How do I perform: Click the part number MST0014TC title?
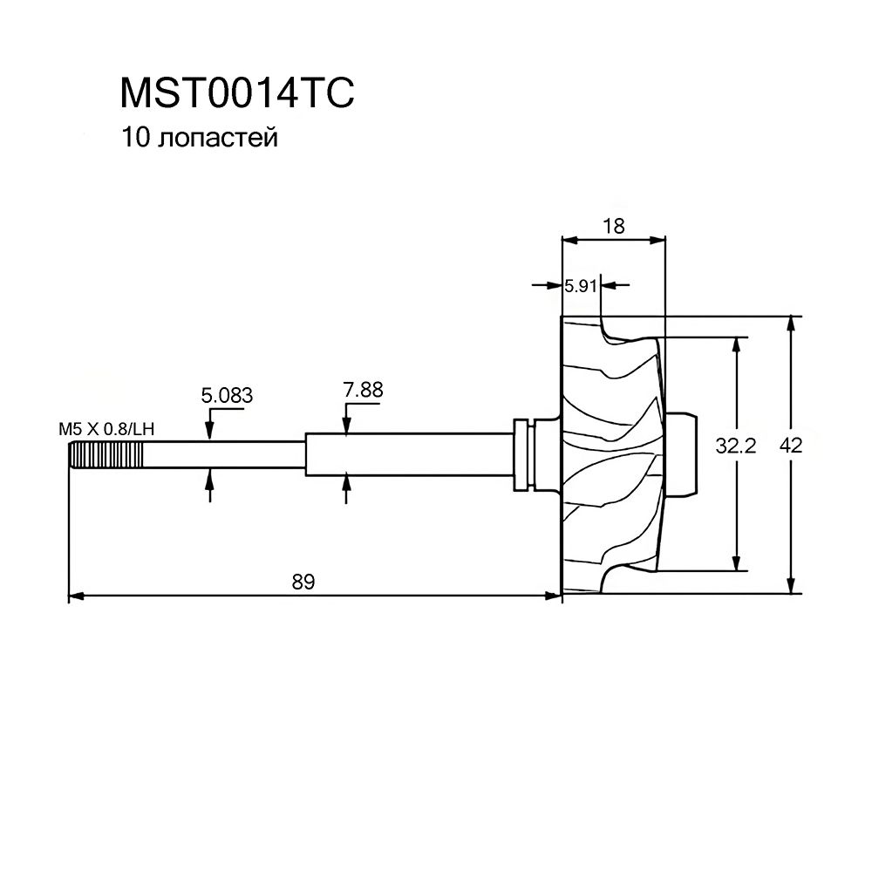[237, 93]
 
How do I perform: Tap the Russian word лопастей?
[217, 139]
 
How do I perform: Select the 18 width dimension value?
[613, 227]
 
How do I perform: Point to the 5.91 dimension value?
[581, 286]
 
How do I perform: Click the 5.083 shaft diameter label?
[227, 395]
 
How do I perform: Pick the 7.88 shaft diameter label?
[363, 390]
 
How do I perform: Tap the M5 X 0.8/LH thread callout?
[106, 429]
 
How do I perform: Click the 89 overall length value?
[303, 582]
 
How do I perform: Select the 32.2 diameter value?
[736, 446]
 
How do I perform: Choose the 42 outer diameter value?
[791, 445]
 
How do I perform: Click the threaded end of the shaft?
[106, 455]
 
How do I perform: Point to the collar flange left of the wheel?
[521, 455]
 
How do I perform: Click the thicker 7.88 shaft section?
[409, 455]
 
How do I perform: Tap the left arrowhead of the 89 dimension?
[76, 596]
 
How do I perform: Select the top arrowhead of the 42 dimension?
[790, 324]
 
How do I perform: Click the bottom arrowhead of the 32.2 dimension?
[737, 563]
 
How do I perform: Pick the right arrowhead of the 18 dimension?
[657, 241]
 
